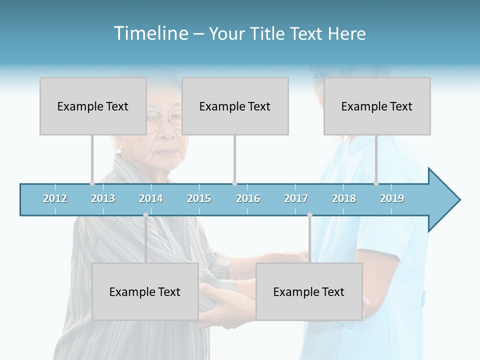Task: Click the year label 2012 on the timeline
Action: pyautogui.click(x=55, y=198)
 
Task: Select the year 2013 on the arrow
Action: pyautogui.click(x=103, y=198)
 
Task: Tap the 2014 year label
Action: pyautogui.click(x=151, y=198)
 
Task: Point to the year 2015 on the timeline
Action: pyautogui.click(x=199, y=198)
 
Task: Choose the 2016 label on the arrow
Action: pyautogui.click(x=248, y=198)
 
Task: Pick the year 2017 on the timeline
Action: pyautogui.click(x=296, y=198)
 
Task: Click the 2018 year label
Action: pyautogui.click(x=344, y=198)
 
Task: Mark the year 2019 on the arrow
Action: pyautogui.click(x=392, y=198)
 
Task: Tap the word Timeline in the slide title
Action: pyautogui.click(x=149, y=33)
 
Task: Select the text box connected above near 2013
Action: pyautogui.click(x=93, y=106)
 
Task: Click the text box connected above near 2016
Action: pyautogui.click(x=235, y=106)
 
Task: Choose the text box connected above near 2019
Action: pyautogui.click(x=377, y=106)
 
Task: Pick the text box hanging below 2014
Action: pyautogui.click(x=145, y=291)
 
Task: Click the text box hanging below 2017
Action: pyautogui.click(x=309, y=291)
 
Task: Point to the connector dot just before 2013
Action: pyautogui.click(x=92, y=183)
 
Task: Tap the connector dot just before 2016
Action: pyautogui.click(x=234, y=183)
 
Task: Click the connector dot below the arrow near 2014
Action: pyautogui.click(x=145, y=214)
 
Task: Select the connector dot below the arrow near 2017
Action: pyautogui.click(x=309, y=214)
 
